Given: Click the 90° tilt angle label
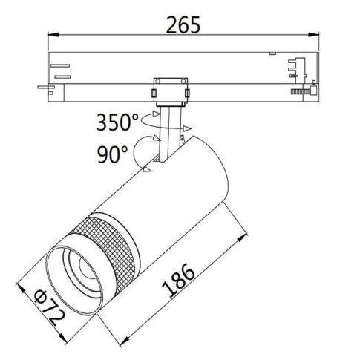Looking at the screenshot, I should (x=112, y=154).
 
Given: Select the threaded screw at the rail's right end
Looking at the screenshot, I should (x=299, y=91).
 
